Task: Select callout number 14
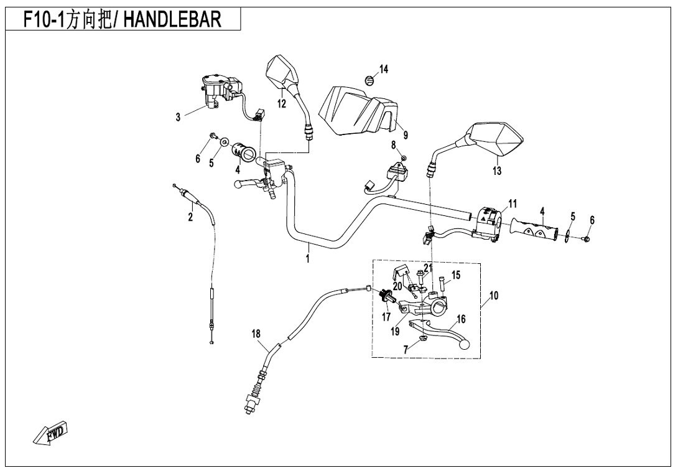[384, 69]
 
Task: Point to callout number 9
[405, 134]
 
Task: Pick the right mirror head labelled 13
[498, 140]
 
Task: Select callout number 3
[178, 117]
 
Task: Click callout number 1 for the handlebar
[308, 258]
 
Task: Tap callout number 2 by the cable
[190, 217]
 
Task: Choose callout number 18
[256, 334]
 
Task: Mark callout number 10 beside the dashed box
[494, 296]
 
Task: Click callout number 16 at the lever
[461, 319]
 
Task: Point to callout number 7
[406, 350]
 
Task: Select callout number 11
[513, 204]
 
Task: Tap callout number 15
[456, 275]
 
